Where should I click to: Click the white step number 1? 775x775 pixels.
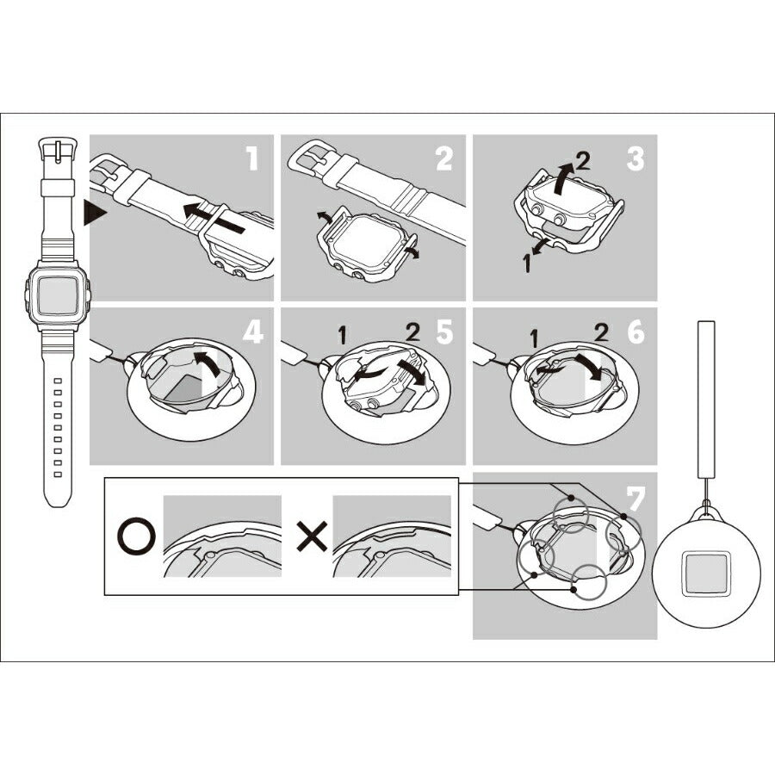point(252,158)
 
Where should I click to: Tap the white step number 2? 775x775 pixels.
point(443,158)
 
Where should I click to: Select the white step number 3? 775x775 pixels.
point(635,158)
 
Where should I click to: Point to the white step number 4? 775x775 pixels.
point(252,332)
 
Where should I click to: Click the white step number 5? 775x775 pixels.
point(444,332)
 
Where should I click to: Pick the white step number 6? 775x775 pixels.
point(635,332)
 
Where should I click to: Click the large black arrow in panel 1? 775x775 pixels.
point(214,218)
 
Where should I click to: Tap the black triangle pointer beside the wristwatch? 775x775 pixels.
point(95,213)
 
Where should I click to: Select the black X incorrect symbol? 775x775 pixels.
point(312,536)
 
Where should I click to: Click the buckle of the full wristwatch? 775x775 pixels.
point(58,150)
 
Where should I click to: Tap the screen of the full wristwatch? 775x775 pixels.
point(58,296)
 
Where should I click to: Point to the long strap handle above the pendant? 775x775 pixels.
point(706,400)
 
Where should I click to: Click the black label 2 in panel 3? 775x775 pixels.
point(583,161)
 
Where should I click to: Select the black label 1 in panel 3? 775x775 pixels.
point(527,263)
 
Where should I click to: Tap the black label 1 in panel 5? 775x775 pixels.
point(342,336)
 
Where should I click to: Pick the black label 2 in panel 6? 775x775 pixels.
point(602,333)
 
